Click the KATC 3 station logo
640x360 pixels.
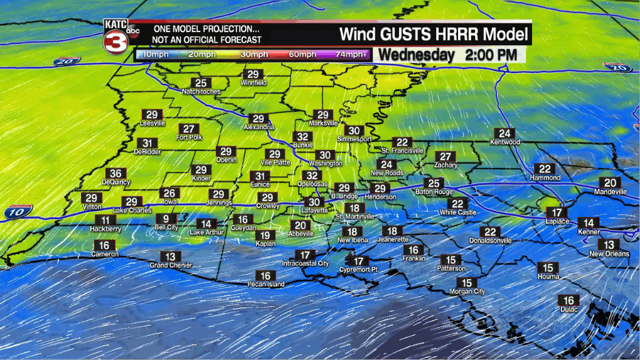point(119,36)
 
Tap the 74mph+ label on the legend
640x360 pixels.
point(351,55)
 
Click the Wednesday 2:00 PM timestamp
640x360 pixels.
point(448,55)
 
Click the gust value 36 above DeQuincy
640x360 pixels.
point(115,174)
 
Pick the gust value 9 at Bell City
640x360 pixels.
point(166,219)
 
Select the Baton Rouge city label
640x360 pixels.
point(434,192)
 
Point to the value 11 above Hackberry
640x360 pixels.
point(105,220)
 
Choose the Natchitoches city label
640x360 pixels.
point(201,92)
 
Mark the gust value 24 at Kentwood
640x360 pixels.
point(504,133)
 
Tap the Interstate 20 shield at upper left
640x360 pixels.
point(67,62)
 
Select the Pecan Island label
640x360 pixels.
point(265,285)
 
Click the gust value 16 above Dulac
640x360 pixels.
point(568,300)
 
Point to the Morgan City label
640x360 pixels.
point(467,292)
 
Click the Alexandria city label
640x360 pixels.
point(259,127)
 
